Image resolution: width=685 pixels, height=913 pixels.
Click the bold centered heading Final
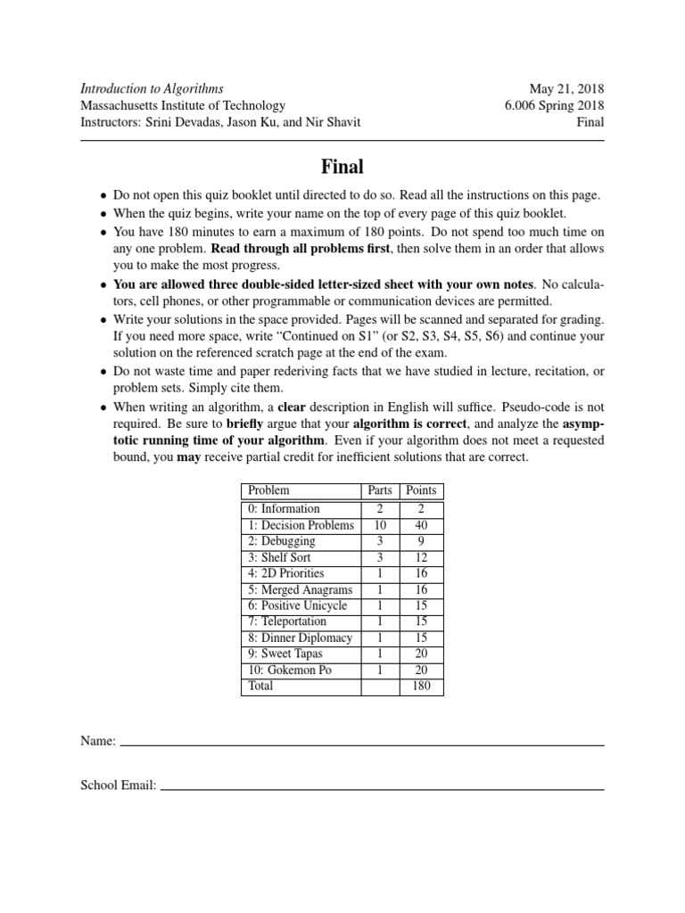[342, 166]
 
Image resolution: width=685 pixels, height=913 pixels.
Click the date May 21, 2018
[566, 88]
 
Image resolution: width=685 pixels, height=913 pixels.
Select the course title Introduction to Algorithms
[152, 88]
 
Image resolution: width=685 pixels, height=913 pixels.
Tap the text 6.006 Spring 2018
[554, 105]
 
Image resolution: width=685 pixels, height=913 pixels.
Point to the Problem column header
[268, 490]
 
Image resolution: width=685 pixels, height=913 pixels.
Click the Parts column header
[380, 490]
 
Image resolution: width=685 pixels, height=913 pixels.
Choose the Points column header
[421, 490]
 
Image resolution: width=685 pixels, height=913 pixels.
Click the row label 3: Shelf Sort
[279, 557]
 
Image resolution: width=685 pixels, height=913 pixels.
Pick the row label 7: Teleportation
[287, 621]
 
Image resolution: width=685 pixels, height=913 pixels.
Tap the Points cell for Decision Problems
[421, 525]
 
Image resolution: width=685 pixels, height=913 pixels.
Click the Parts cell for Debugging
[380, 541]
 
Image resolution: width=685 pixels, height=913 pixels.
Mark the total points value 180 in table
[421, 687]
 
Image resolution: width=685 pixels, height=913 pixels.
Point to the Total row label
[261, 687]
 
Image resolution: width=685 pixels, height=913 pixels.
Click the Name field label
[97, 741]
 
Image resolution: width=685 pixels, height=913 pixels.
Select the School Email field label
[119, 786]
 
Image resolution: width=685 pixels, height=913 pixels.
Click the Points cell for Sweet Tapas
[421, 654]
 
